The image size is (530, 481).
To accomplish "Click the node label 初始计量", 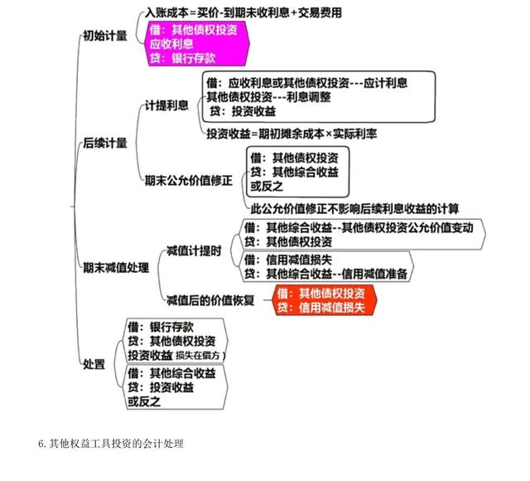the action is tap(105, 36).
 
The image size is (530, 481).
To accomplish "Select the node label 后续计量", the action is tap(105, 143).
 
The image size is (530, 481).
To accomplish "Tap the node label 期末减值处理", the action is tap(116, 268).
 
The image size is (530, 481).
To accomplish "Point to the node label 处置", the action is tap(94, 364).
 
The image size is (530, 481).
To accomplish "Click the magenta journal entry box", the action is tap(198, 43).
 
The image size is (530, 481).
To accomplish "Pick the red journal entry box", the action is tap(324, 300).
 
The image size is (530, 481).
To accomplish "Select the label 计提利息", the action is tap(166, 105).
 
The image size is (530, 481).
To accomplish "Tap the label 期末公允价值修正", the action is tap(189, 180).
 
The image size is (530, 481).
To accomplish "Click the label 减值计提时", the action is tap(194, 250).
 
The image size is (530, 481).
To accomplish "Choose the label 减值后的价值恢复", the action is tap(210, 300).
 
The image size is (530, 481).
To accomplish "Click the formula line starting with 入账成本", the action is tap(243, 13).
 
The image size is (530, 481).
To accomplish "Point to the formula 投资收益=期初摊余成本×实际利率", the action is tap(291, 134).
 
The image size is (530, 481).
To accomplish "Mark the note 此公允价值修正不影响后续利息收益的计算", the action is tap(354, 208).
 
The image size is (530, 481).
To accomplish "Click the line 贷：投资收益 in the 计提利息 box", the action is tap(243, 111).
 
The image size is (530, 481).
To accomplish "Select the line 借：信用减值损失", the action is tap(288, 260).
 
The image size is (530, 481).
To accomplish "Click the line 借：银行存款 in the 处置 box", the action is tap(161, 327).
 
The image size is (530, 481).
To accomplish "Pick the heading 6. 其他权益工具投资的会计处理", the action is tap(111, 444).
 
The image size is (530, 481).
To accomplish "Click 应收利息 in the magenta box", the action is tap(171, 44).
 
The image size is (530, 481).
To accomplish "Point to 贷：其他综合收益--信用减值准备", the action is tap(325, 274).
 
